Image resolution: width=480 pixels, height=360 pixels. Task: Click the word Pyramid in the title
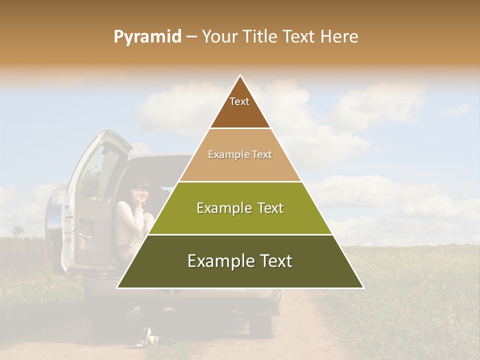click(x=147, y=37)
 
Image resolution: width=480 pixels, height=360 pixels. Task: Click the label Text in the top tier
click(x=239, y=101)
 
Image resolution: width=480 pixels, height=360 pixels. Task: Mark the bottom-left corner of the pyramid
click(x=117, y=288)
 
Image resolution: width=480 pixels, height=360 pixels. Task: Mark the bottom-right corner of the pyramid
click(x=363, y=288)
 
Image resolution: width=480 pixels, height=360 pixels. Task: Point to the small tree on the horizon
click(x=18, y=231)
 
